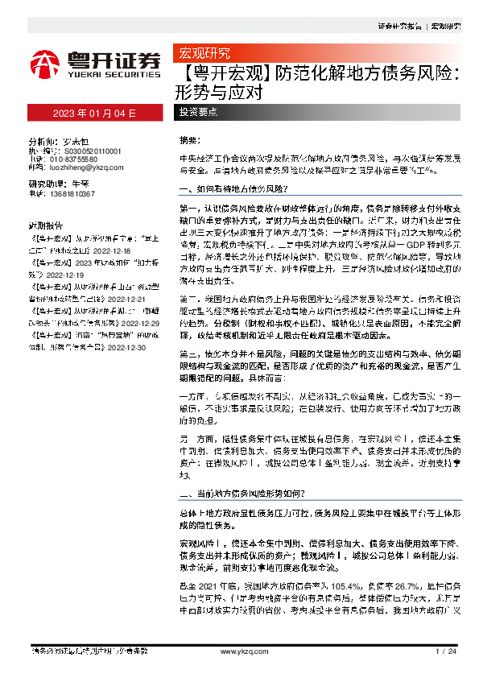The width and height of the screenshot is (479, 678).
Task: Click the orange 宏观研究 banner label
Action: click(x=204, y=54)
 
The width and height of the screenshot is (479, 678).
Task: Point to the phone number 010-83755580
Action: click(x=76, y=159)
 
